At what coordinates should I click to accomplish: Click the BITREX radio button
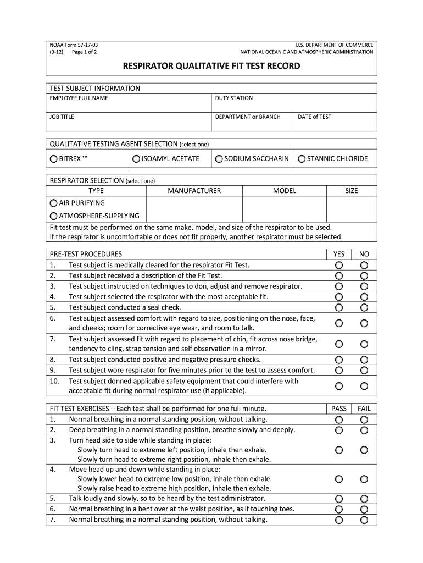tap(53, 159)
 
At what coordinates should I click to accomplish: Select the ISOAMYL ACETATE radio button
tap(136, 159)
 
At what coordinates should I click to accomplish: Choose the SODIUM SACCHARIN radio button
tap(219, 159)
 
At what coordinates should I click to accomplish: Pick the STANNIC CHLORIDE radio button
tap(302, 159)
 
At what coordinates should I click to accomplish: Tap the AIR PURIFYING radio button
tap(53, 203)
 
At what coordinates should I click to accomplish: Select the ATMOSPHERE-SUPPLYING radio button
tap(53, 216)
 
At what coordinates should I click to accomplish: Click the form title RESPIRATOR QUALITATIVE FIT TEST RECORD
tap(211, 66)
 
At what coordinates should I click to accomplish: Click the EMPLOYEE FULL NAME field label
tap(79, 98)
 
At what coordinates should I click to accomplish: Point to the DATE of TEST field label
tap(314, 117)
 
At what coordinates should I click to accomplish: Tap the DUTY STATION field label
tap(233, 98)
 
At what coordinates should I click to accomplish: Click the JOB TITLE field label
tap(62, 117)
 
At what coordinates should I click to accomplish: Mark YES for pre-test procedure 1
tap(339, 265)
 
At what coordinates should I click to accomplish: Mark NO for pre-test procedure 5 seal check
tap(364, 307)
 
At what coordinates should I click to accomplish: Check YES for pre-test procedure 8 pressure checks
tap(339, 360)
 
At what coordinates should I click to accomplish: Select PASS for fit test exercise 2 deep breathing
tap(339, 430)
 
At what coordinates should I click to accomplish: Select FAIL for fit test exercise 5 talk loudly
tap(364, 499)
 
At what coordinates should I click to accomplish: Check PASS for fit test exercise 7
tap(339, 520)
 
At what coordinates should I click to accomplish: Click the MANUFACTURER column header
tap(194, 191)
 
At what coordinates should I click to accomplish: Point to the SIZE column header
tap(351, 191)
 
